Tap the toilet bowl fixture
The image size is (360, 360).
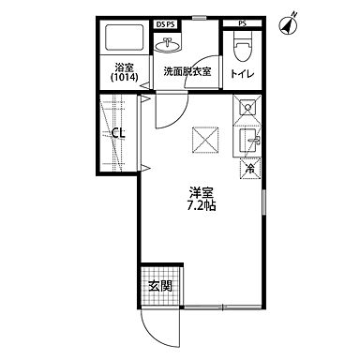tap(241, 45)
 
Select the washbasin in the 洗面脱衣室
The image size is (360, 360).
tap(171, 44)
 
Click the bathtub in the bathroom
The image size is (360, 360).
tap(124, 41)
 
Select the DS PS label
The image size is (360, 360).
tap(166, 21)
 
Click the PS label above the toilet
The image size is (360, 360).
tap(242, 21)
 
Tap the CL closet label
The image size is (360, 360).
tap(118, 133)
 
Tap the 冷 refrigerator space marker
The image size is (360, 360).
tap(249, 170)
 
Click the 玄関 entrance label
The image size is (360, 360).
tap(160, 286)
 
